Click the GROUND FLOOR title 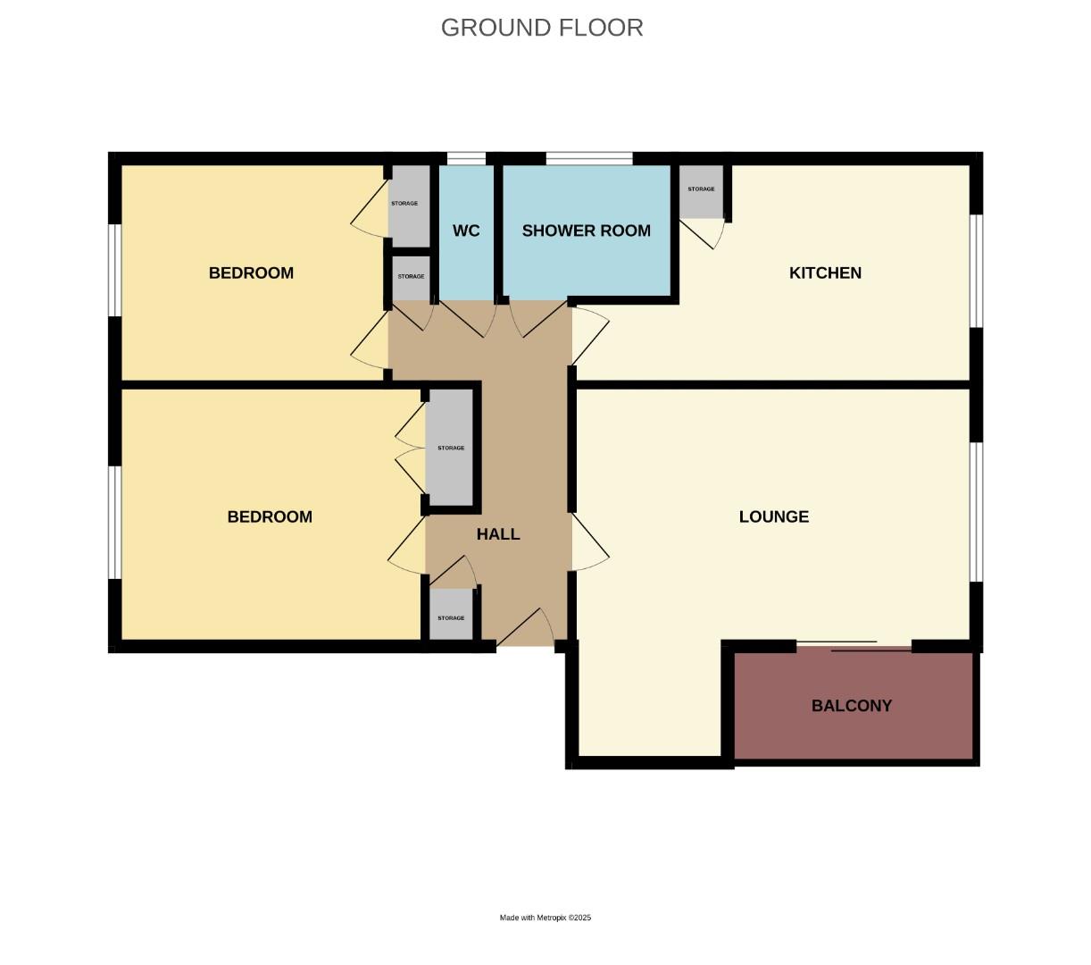click(x=542, y=28)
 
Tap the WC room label click(x=466, y=231)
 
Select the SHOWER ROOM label click(x=586, y=231)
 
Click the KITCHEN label click(x=825, y=273)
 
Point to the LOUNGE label click(x=773, y=516)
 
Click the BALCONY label click(x=851, y=705)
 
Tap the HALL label click(x=497, y=534)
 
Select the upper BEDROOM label click(x=251, y=273)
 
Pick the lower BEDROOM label click(x=270, y=516)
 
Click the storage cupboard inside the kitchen click(x=701, y=191)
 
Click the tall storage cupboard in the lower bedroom click(x=450, y=448)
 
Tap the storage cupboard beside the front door click(x=451, y=617)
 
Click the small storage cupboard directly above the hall click(x=411, y=278)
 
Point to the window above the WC click(x=466, y=159)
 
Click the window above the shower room click(x=589, y=159)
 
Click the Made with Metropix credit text click(x=545, y=918)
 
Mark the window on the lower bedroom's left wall click(x=114, y=522)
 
